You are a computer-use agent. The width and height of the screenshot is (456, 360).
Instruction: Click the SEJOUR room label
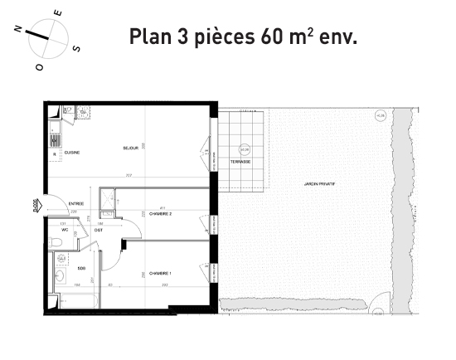[129, 148]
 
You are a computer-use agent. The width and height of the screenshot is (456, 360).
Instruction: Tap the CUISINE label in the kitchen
[71, 153]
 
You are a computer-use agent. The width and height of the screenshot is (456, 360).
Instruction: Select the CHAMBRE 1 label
[160, 274]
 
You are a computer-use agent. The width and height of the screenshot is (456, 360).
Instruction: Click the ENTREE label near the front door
[75, 202]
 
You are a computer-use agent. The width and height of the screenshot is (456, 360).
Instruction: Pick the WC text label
[63, 230]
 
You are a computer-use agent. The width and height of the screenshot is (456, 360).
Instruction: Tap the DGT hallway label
[99, 230]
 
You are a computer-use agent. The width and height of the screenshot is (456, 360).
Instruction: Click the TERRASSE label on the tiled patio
[240, 162]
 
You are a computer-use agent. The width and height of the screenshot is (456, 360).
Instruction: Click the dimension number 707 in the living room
[129, 175]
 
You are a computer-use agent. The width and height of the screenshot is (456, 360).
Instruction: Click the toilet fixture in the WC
[56, 241]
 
